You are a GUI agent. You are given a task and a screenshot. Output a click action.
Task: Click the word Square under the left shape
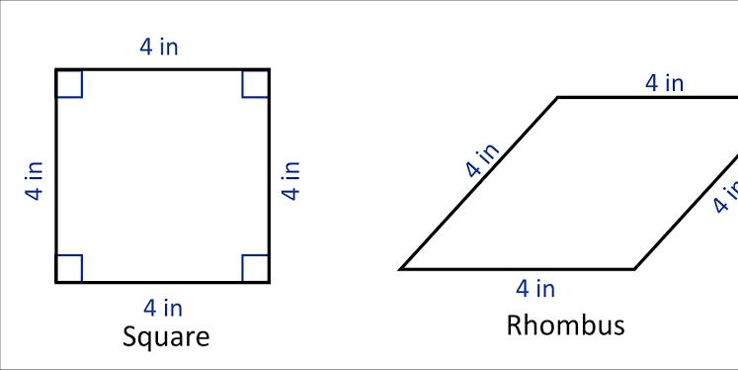(166, 338)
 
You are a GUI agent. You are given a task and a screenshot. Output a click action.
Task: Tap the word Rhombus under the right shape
(565, 325)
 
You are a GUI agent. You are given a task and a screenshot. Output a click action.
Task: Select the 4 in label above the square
(159, 47)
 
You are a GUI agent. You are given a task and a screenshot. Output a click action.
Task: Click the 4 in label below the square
(163, 308)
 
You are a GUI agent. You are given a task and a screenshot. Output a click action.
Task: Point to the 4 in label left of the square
(35, 181)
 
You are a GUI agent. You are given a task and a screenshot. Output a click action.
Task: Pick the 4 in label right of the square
(290, 180)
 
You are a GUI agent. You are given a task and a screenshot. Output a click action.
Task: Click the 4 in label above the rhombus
(664, 83)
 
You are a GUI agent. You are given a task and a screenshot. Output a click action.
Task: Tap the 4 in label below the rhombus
(535, 289)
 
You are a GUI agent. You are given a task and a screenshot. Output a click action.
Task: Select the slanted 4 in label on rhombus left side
(481, 160)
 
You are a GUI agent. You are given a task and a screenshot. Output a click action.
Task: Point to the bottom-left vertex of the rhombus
(400, 270)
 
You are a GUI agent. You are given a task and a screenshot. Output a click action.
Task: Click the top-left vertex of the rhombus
(558, 98)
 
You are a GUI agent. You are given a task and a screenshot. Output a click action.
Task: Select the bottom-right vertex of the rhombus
(635, 270)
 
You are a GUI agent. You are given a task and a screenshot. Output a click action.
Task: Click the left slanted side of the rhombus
(479, 183)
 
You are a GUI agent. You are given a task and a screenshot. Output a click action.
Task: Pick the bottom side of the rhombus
(518, 270)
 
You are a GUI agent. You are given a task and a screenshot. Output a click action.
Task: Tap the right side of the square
(269, 176)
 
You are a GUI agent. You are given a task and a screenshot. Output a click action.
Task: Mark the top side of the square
(162, 70)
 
